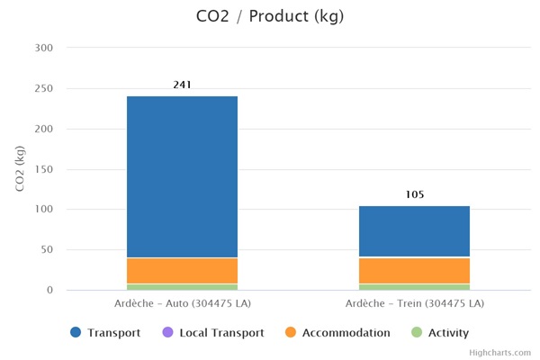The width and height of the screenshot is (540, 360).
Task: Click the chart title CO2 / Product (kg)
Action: (x=269, y=16)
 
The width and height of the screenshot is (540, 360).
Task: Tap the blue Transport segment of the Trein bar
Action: (x=414, y=231)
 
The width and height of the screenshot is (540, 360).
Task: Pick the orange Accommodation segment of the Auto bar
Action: (x=182, y=271)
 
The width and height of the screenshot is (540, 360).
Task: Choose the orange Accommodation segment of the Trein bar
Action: (x=414, y=271)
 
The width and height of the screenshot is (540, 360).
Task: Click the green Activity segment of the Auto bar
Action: (x=182, y=287)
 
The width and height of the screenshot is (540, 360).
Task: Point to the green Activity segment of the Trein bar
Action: (x=414, y=287)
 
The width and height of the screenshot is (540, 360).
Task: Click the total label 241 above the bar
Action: (x=182, y=85)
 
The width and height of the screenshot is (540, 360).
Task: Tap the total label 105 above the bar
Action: (x=414, y=194)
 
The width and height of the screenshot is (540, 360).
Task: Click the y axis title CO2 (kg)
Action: (x=20, y=168)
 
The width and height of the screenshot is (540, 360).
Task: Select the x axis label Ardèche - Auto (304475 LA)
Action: (x=182, y=302)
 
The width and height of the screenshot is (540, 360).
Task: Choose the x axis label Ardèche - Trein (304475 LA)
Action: (x=414, y=302)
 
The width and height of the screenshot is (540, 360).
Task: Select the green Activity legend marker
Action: (x=416, y=333)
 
